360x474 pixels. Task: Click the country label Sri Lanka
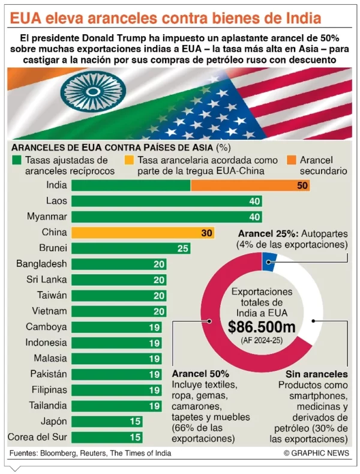(46, 280)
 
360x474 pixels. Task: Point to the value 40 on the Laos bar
(254, 202)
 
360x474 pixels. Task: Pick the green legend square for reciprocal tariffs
(17, 161)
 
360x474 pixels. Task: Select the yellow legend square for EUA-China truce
(130, 161)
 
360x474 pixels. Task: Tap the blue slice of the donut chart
(269, 260)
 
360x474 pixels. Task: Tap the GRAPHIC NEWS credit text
(316, 453)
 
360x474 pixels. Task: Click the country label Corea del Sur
(37, 437)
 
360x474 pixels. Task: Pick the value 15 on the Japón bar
(136, 422)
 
